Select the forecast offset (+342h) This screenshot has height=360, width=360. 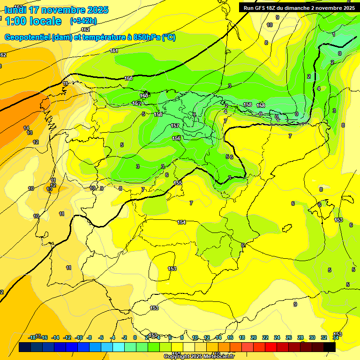tap(83, 21)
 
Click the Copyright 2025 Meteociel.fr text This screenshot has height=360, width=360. tap(199, 357)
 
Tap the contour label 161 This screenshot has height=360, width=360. tap(114, 51)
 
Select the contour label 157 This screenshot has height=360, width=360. tap(175, 126)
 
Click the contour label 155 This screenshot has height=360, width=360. tap(178, 183)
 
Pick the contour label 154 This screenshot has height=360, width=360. tap(181, 222)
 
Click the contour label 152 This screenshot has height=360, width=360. tap(136, 103)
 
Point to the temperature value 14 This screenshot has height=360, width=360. tap(26, 128)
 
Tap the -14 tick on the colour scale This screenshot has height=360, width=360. tap(55, 337)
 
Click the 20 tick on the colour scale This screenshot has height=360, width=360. tap(253, 337)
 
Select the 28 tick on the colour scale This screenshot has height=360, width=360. tap(300, 337)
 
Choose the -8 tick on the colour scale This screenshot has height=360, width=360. tap(89, 337)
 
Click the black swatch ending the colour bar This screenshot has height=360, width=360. tap(329, 347)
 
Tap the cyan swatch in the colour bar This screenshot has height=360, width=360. tap(118, 347)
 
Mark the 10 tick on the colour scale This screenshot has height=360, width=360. tap(195, 337)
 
